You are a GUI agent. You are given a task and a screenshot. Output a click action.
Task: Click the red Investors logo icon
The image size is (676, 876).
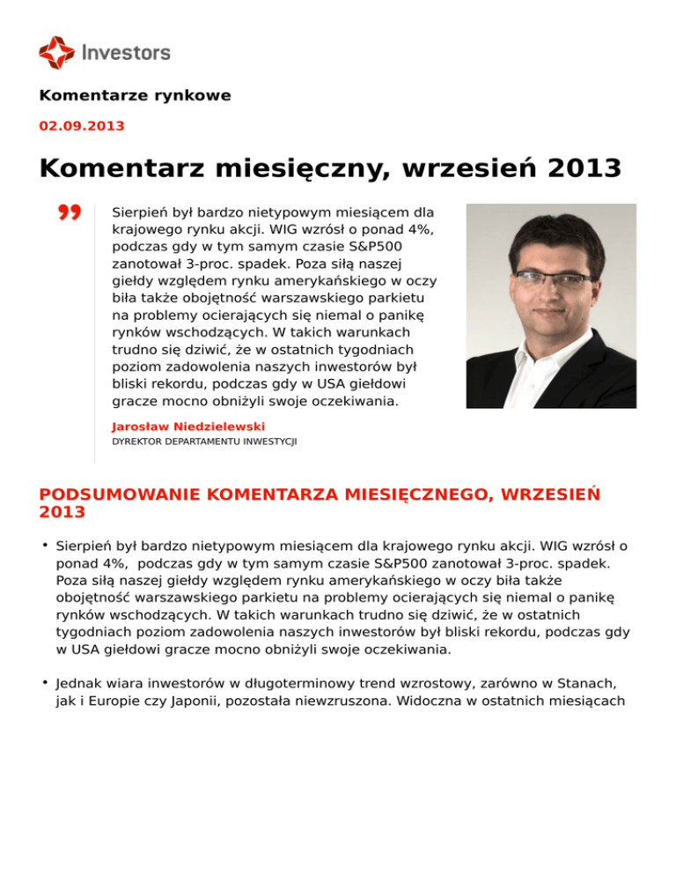(56, 52)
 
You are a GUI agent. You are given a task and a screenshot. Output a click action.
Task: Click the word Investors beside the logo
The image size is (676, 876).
(126, 53)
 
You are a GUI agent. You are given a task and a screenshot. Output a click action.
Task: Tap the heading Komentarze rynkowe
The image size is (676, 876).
(135, 95)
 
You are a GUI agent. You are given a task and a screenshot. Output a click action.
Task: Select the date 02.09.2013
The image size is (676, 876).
(82, 126)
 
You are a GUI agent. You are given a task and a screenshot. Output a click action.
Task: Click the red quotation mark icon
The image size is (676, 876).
(70, 213)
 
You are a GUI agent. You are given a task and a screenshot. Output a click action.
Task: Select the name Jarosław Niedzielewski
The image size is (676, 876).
(188, 427)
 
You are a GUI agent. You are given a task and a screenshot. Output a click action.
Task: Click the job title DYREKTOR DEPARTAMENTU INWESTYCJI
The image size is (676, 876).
(204, 442)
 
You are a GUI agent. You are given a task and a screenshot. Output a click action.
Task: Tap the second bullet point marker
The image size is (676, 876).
(43, 681)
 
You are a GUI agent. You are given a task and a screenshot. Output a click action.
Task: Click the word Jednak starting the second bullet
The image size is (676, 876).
(79, 683)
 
